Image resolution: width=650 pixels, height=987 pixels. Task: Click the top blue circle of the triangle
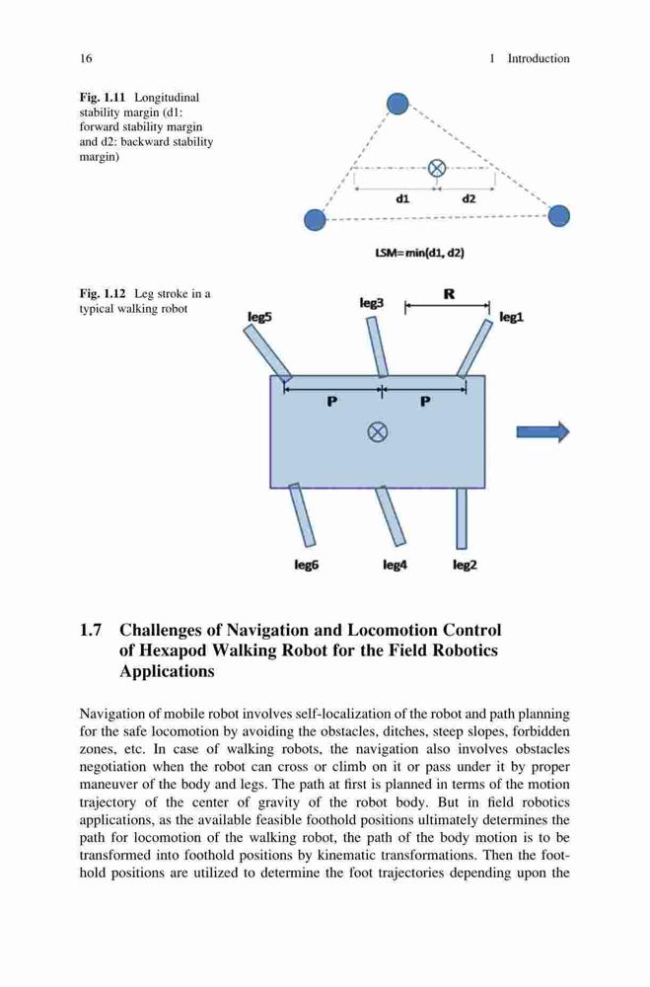[397, 104]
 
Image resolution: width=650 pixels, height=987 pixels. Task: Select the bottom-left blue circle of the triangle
[316, 220]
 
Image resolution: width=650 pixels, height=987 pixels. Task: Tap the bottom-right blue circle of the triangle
[558, 216]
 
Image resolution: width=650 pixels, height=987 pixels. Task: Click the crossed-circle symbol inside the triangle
[437, 168]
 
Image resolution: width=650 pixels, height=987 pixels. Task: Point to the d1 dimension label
[402, 199]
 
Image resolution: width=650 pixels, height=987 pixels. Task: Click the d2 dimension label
[469, 199]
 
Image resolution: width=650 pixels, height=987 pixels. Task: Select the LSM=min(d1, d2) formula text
[420, 253]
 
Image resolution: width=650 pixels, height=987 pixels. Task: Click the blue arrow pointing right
[543, 432]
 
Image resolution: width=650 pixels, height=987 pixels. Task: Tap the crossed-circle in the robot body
[377, 432]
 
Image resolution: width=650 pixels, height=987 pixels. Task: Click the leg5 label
[259, 317]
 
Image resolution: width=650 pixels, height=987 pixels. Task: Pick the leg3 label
[371, 303]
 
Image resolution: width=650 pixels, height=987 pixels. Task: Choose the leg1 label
[511, 317]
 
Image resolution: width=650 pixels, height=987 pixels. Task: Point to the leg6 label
[307, 566]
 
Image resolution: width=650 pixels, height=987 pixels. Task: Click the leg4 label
[396, 566]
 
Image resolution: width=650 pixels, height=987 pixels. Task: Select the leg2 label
[465, 566]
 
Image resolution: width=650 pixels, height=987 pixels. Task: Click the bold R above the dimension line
[449, 294]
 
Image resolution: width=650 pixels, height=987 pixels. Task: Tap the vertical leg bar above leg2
[462, 518]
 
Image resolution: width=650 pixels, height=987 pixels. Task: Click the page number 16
[86, 58]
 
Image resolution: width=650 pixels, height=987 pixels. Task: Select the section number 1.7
[91, 630]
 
